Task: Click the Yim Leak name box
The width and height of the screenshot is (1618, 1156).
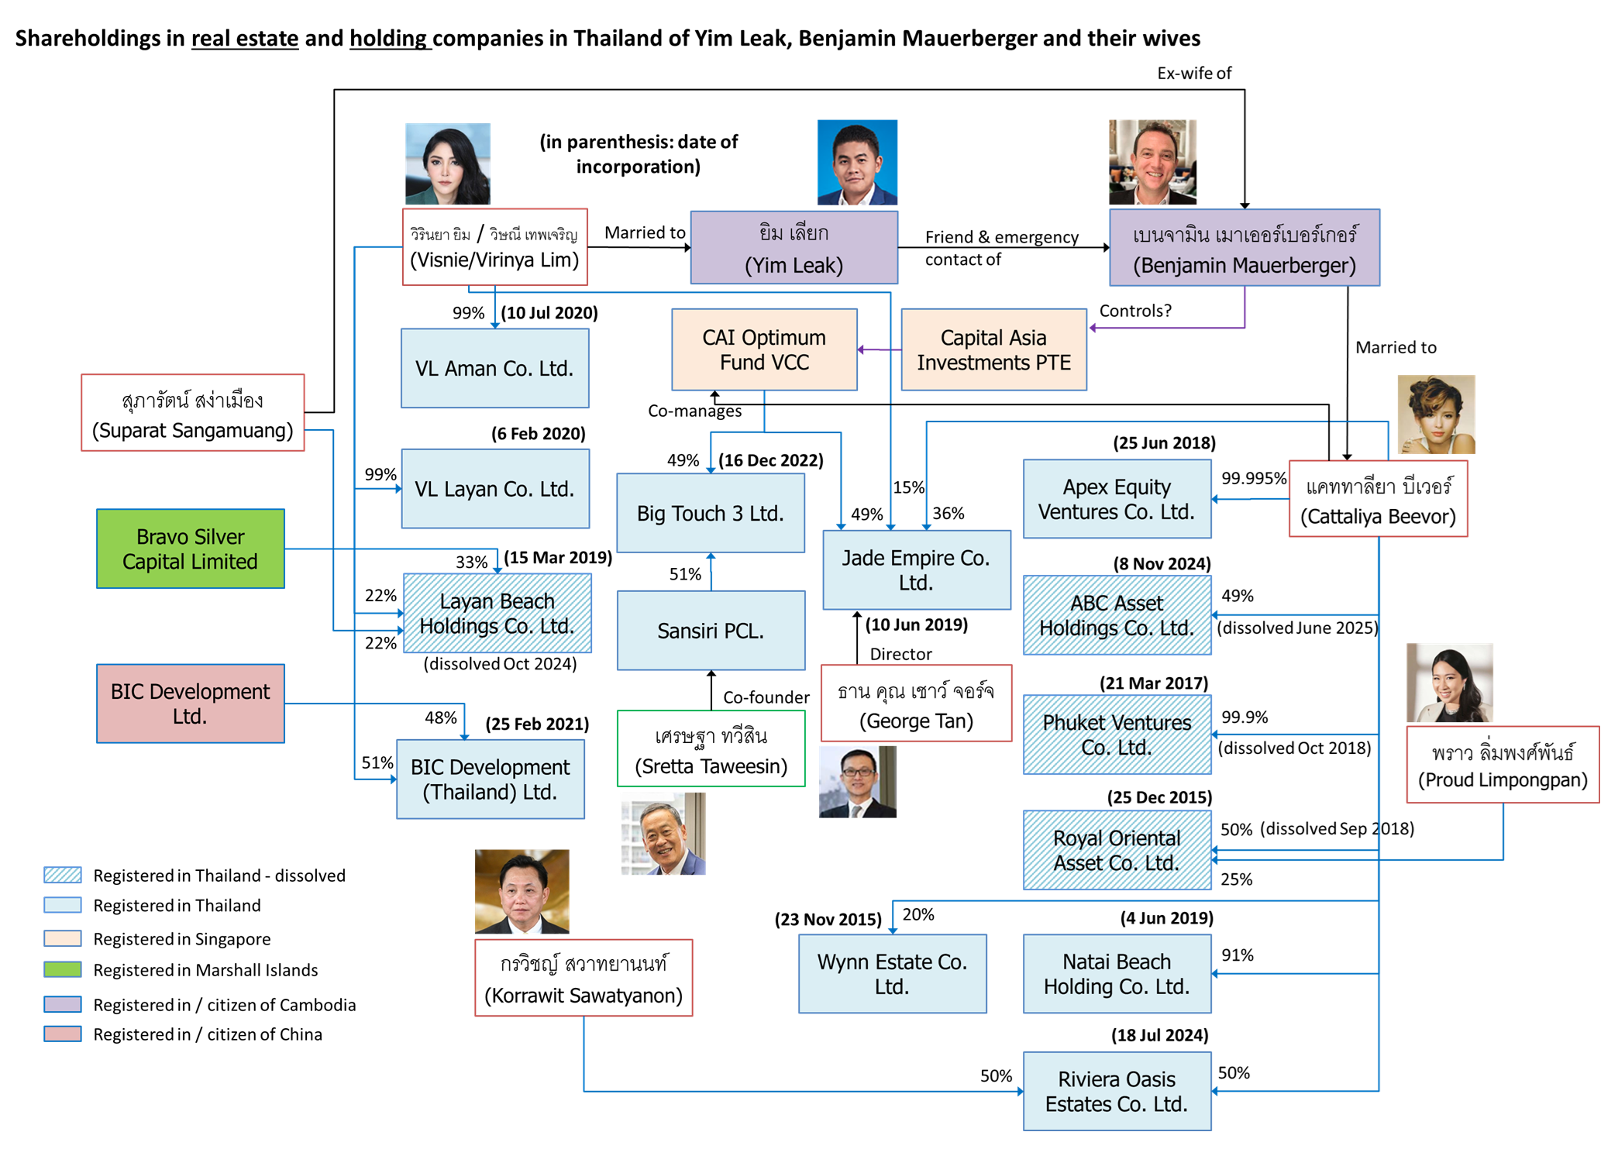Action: (794, 248)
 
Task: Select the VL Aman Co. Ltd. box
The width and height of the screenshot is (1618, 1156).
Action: (494, 368)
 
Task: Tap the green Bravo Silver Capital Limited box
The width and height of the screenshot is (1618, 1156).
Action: (191, 549)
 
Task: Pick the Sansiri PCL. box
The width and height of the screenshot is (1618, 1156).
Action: (711, 631)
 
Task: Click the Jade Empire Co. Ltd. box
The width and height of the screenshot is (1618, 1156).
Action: (916, 569)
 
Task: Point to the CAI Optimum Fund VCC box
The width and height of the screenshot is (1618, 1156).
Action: (764, 349)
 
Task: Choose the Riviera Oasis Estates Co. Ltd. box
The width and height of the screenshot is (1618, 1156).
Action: (1117, 1091)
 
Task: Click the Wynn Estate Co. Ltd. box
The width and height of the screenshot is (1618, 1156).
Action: (892, 974)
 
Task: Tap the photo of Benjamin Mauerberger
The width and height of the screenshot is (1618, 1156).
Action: (1152, 162)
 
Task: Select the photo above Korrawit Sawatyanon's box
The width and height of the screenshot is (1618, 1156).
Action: (522, 892)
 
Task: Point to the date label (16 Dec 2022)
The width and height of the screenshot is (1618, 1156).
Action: (770, 460)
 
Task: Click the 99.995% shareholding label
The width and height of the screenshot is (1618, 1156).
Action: (1253, 478)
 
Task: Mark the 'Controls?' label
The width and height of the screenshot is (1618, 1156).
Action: (1135, 311)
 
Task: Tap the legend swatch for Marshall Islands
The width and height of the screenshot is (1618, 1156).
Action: (63, 969)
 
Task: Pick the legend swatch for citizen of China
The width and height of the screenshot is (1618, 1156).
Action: (63, 1034)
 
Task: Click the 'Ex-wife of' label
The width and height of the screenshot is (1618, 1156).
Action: (1193, 74)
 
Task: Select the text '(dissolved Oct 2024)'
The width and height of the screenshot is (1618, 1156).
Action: (500, 664)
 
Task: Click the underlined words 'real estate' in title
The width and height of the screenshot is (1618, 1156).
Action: (245, 39)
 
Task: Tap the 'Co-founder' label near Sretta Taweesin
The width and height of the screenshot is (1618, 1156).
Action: (766, 697)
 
